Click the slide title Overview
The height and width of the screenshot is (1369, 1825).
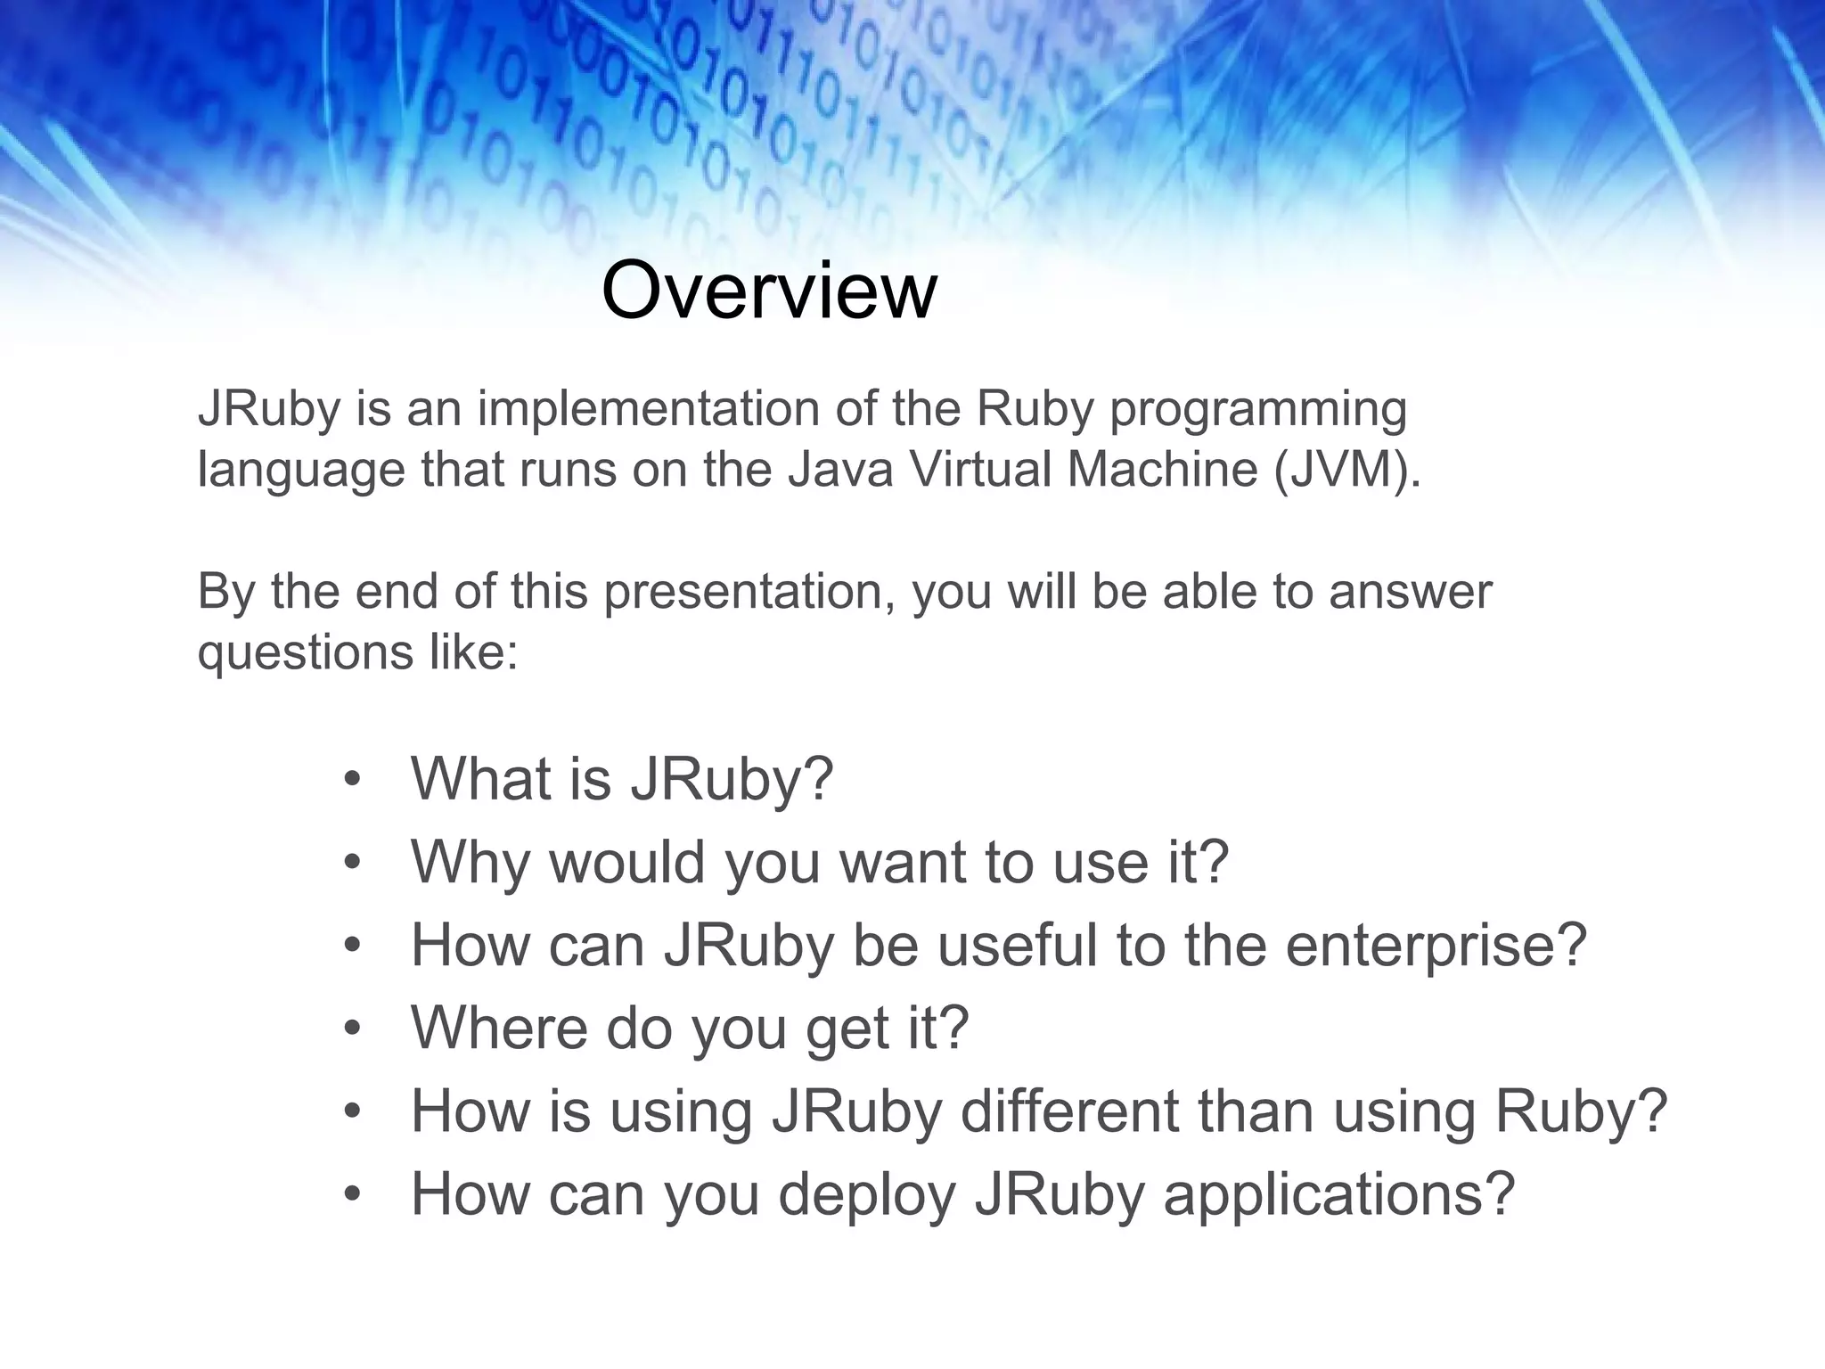[x=769, y=291]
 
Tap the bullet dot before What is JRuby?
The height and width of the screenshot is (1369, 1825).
[x=353, y=780]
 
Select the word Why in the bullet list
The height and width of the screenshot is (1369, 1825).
[x=470, y=863]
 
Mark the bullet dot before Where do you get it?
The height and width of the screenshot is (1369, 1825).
[x=353, y=1029]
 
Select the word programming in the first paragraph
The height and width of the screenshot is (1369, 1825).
[x=1257, y=411]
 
